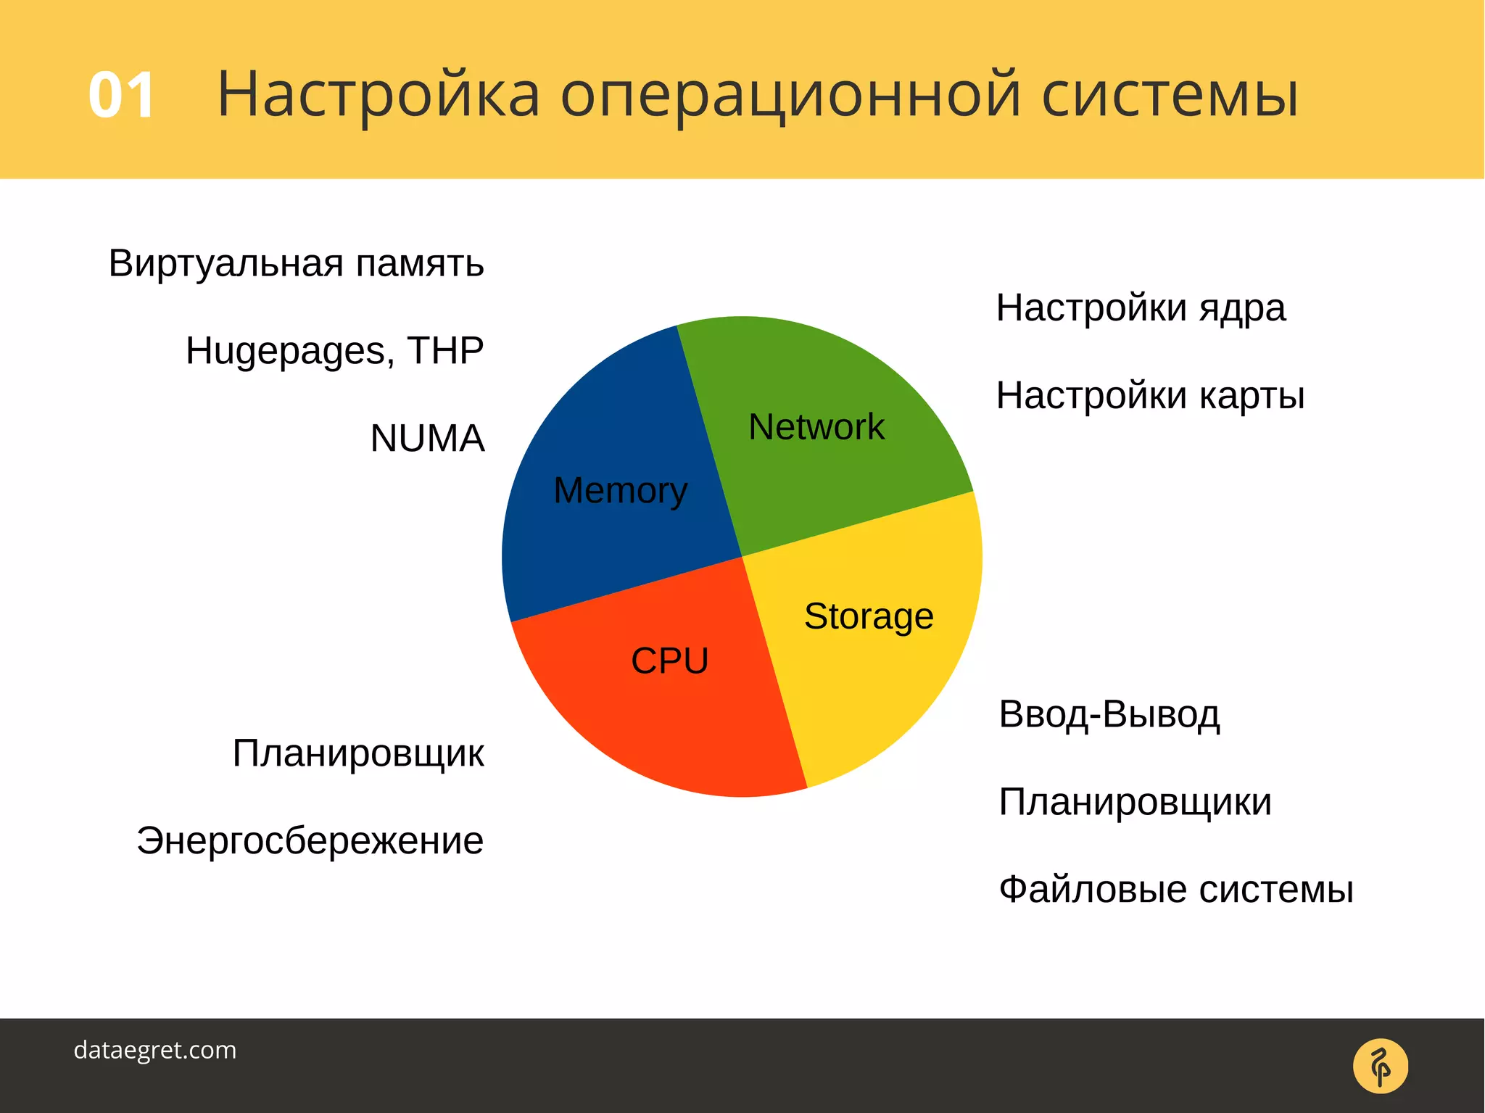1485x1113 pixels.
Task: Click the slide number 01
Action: coord(121,95)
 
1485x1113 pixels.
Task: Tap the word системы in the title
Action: coord(1169,95)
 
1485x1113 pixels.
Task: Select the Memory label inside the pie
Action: coord(620,491)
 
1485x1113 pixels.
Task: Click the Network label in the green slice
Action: coord(816,426)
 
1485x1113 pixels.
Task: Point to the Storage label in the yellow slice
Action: coord(869,616)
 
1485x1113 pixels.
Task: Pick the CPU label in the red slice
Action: coord(669,661)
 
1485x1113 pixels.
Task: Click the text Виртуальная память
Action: coord(296,263)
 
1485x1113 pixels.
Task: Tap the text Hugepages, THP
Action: coord(334,351)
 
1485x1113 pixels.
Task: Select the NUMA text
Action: coord(427,439)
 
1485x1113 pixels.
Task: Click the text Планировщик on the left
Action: coord(358,753)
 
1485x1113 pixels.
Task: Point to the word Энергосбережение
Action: coord(310,841)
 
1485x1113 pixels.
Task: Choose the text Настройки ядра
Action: coord(1141,308)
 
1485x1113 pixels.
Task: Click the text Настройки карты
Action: coord(1150,396)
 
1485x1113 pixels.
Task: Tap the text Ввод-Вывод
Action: coord(1109,714)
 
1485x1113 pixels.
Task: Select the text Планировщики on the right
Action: coord(1135,802)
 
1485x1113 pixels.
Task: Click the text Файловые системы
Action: coord(1175,890)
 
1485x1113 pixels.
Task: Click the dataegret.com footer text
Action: coord(155,1050)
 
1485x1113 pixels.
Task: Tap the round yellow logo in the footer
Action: coord(1380,1066)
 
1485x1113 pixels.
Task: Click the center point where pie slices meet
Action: coord(742,557)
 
